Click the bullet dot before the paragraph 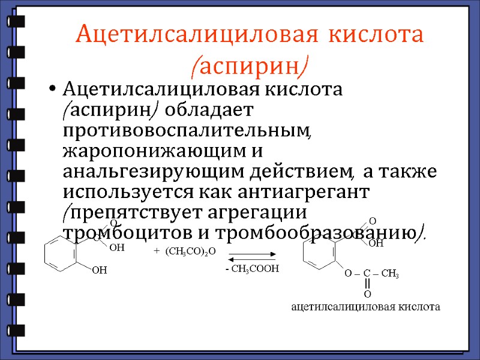point(53,91)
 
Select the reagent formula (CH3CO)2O point(194,251)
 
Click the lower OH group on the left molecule point(99,271)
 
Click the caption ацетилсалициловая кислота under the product point(365,307)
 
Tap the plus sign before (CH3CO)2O point(157,251)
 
